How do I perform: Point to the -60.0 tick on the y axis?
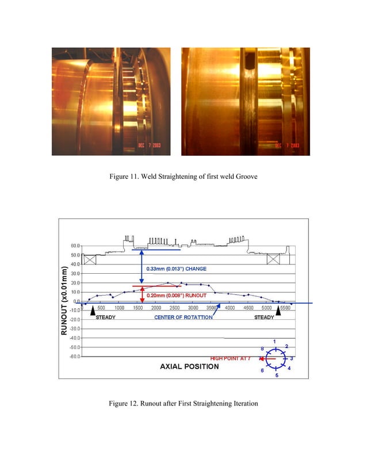[75, 356]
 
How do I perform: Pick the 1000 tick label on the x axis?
[120, 308]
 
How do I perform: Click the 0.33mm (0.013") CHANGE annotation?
[176, 269]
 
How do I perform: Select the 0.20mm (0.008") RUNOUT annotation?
[176, 295]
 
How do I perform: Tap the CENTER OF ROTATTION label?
[184, 317]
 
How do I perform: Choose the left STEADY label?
[105, 317]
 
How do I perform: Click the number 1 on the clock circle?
[274, 342]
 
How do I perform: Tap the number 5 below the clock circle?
[277, 376]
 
